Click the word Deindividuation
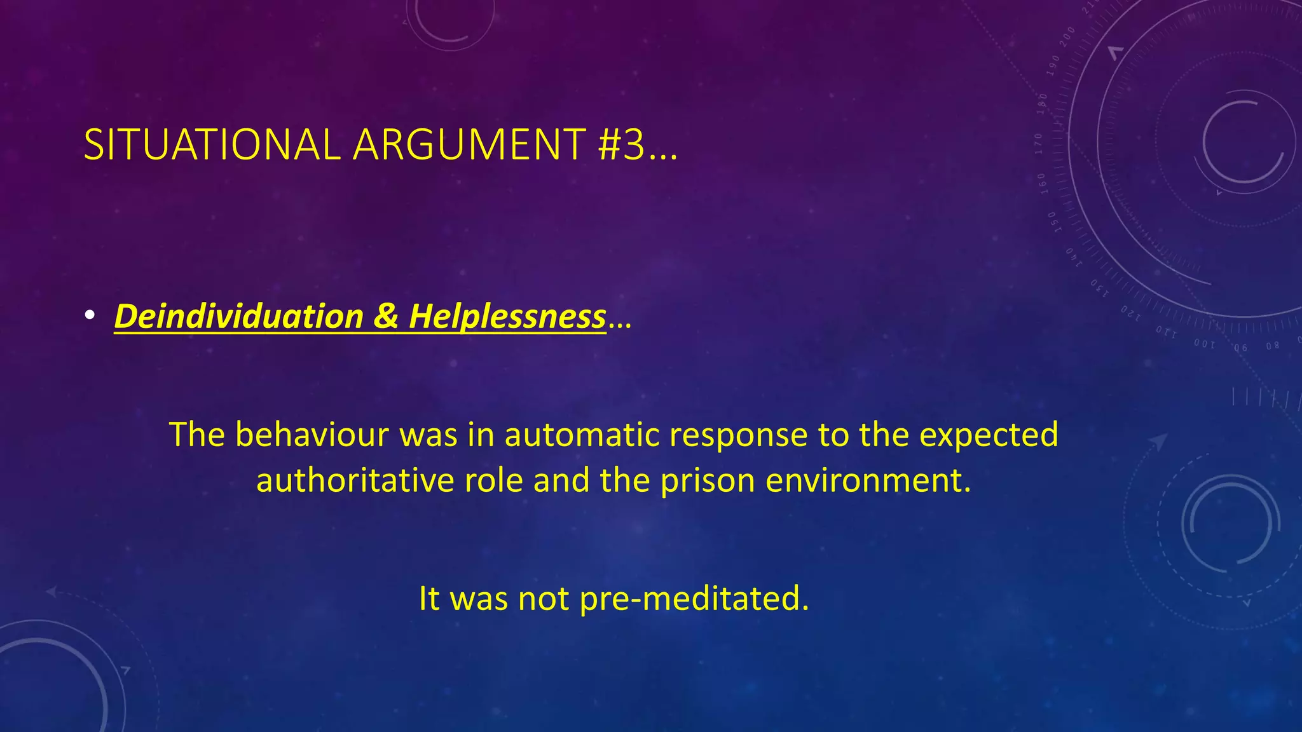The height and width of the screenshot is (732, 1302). [239, 316]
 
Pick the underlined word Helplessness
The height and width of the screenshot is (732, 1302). [507, 316]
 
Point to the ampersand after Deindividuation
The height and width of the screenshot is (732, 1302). [385, 316]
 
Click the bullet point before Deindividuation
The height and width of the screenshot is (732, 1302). [90, 316]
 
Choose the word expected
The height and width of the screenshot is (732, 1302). [989, 436]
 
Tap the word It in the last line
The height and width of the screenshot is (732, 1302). [429, 599]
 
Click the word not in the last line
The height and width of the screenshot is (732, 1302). [544, 599]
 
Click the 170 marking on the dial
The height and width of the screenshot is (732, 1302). [1039, 144]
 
